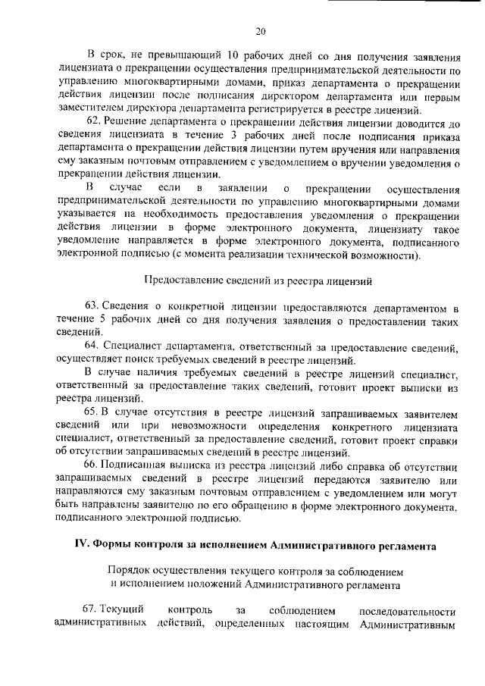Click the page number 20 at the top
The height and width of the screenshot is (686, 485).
tap(259, 31)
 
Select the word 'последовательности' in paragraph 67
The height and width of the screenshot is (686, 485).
tap(408, 610)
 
